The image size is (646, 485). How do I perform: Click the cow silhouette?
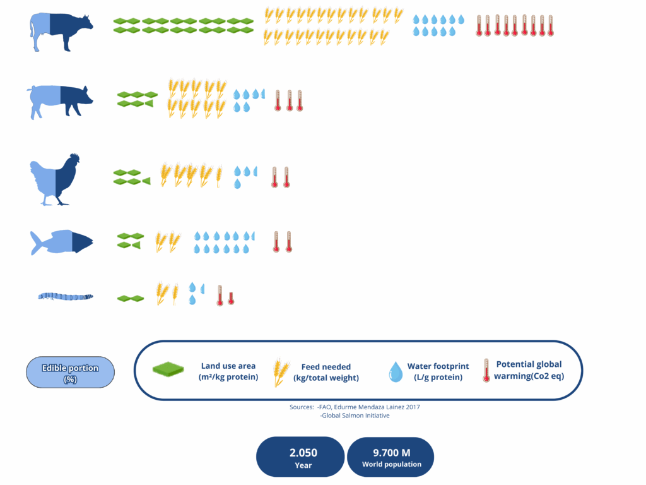[x=62, y=32]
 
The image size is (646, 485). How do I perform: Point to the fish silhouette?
[x=62, y=242]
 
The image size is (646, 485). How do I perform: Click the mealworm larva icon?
[x=66, y=296]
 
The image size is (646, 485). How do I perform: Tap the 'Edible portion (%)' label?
[x=70, y=373]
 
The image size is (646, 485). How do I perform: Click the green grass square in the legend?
[x=168, y=369]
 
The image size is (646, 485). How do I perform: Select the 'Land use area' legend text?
[x=228, y=371]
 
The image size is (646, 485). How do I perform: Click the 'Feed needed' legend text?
[x=326, y=372]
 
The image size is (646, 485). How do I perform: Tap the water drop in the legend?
[x=396, y=371]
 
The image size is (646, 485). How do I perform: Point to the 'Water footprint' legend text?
[x=438, y=371]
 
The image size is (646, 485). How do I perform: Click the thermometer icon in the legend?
[x=486, y=370]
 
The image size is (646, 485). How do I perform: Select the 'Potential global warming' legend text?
[x=529, y=370]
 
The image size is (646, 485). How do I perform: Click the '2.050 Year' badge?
[x=300, y=457]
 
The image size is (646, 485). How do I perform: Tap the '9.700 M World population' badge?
[x=391, y=457]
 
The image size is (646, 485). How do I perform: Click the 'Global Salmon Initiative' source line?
[x=355, y=416]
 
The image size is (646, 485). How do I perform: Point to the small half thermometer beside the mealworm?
[x=231, y=298]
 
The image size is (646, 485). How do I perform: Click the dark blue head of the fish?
[x=83, y=242]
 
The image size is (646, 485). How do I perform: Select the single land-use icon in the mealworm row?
[x=131, y=298]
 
